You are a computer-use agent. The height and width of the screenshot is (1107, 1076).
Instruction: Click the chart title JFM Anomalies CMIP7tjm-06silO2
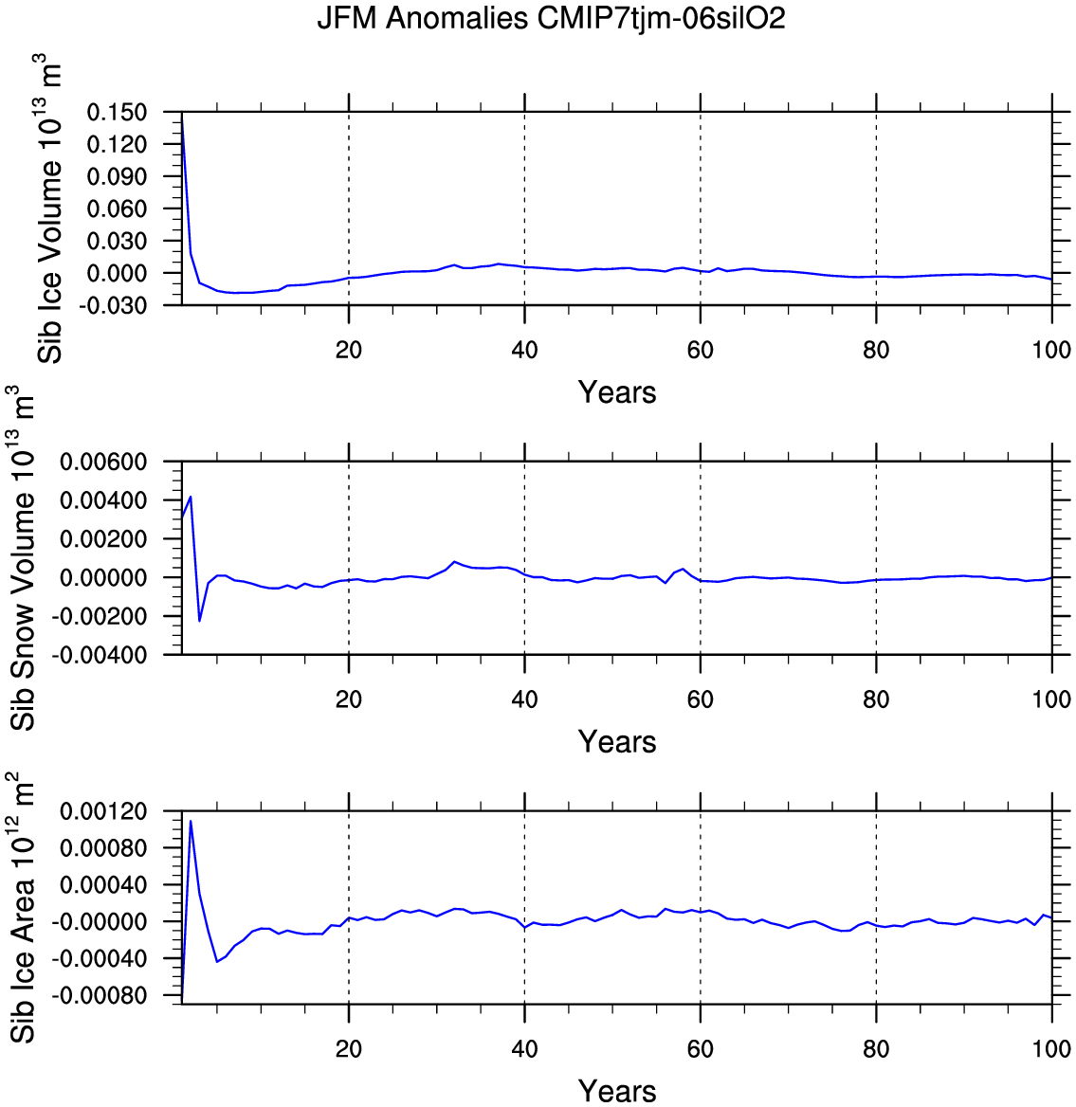point(551,18)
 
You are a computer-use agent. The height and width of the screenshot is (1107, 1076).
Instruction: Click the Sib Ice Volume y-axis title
point(49,209)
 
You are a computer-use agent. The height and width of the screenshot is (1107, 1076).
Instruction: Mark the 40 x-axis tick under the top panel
point(524,350)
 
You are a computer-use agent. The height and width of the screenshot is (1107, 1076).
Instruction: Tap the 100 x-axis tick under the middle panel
point(1051,699)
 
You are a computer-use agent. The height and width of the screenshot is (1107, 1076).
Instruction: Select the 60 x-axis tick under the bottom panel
point(700,1049)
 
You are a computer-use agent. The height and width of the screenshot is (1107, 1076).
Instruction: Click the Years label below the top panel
point(617,392)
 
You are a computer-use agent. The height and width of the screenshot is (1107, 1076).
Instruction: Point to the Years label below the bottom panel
point(617,1091)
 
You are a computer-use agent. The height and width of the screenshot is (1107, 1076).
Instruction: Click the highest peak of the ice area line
point(191,821)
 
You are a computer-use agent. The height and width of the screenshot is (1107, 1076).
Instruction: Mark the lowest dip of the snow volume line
point(199,621)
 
